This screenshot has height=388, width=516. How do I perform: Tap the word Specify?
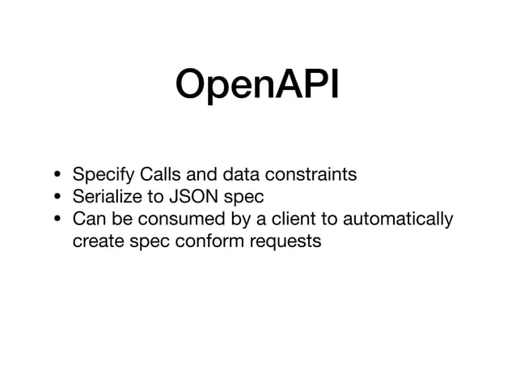(104, 174)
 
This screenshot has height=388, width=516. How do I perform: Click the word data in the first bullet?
(241, 174)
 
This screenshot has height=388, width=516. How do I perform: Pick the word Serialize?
(108, 197)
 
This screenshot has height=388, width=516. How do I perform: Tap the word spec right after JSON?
(235, 198)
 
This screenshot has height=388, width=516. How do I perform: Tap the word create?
(95, 242)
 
